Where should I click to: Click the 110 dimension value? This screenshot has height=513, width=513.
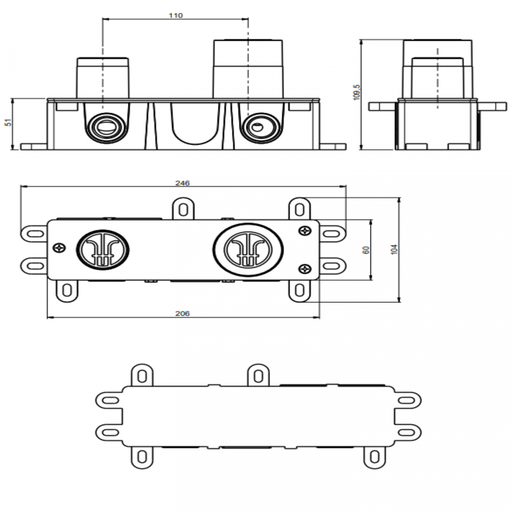click(176, 15)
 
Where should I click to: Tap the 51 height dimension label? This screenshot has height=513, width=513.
click(9, 122)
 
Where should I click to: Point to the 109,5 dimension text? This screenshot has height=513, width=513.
click(356, 92)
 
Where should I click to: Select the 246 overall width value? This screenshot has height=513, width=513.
click(182, 183)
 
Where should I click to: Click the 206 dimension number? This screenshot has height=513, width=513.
click(182, 314)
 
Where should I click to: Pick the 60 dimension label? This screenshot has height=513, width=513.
click(366, 250)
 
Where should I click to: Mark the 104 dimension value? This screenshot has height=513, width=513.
click(394, 249)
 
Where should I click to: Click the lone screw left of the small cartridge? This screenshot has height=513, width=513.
click(59, 248)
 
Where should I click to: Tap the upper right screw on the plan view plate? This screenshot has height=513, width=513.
click(305, 230)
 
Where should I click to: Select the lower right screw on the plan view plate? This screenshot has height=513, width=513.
click(305, 269)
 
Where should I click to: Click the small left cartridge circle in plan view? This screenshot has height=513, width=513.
click(103, 250)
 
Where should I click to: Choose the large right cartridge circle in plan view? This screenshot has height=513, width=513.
click(248, 250)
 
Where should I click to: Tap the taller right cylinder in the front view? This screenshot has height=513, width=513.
click(248, 69)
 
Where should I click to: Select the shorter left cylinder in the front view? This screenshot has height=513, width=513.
click(103, 78)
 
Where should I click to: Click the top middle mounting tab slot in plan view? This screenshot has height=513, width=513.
click(183, 210)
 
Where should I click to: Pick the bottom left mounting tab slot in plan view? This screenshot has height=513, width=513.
click(67, 290)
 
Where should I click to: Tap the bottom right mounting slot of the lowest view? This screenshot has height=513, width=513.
click(374, 457)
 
